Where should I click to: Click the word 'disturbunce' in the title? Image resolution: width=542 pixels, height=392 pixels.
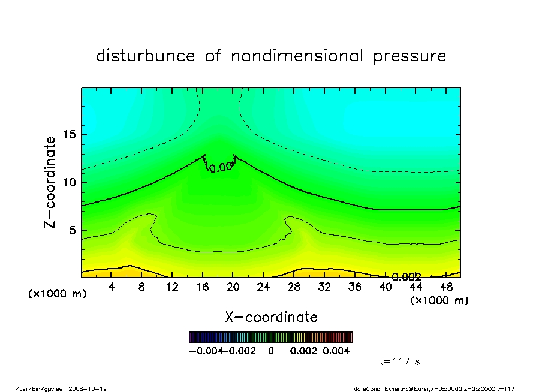click(146, 56)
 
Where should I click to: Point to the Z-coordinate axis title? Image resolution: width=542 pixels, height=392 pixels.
click(50, 182)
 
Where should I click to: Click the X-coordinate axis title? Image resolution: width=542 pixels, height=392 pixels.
click(271, 317)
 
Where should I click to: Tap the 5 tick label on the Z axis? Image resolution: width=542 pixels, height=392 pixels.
click(72, 230)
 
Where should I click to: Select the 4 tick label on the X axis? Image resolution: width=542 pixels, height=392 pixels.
click(112, 287)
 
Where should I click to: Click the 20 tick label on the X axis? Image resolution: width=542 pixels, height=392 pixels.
click(233, 287)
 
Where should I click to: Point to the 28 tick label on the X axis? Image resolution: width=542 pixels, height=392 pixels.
click(294, 287)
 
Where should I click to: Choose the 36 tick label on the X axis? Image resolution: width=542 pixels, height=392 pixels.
click(355, 287)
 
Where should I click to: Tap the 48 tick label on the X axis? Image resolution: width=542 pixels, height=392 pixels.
click(446, 287)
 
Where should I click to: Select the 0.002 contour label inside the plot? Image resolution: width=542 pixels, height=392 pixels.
click(406, 277)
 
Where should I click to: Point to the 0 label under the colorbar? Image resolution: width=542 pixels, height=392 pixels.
click(271, 351)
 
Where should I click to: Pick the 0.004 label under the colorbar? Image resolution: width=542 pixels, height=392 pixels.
click(336, 351)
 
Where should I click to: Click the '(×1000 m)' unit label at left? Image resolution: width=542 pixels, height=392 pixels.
click(58, 294)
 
